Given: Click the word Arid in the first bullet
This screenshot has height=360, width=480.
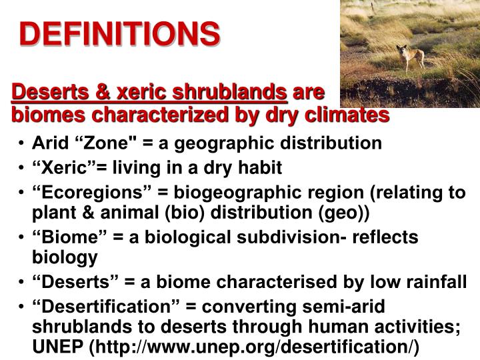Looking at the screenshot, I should pyautogui.click(x=47, y=143).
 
